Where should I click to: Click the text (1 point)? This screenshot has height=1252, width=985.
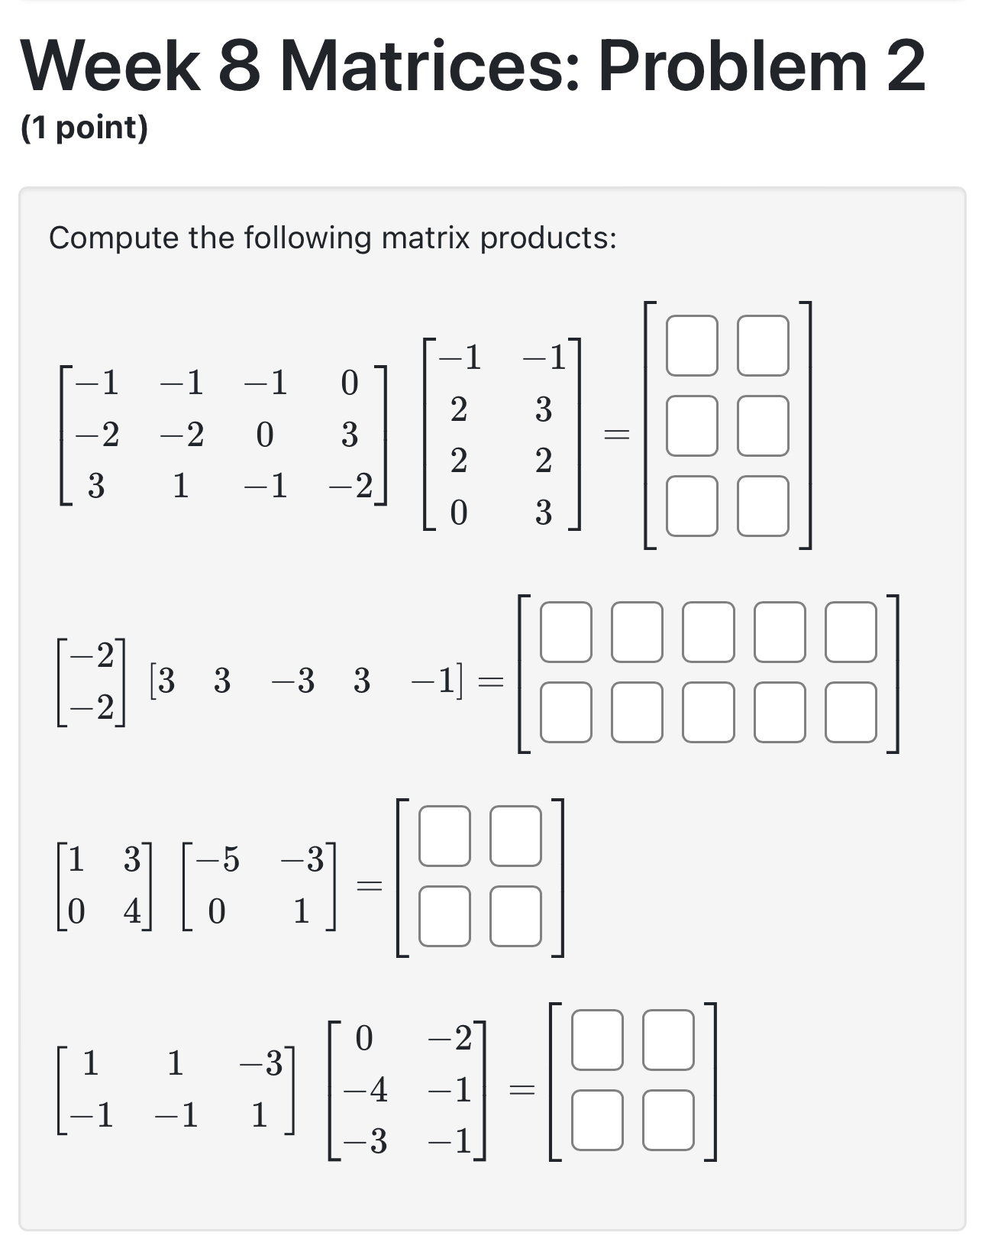coord(84,128)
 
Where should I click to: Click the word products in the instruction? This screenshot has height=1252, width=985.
coord(547,238)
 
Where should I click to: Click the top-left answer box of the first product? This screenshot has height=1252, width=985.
coord(692,346)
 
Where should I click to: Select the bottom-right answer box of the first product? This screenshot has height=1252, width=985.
coord(763,506)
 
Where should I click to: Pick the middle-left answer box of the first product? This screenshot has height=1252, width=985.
coord(692,425)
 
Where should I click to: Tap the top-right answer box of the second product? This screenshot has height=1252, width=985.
coord(851,632)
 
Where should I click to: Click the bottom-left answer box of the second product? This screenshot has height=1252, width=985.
coord(566,712)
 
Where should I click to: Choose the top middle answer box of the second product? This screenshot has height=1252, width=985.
coord(709,632)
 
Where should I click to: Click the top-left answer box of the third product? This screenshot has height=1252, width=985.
coord(444,836)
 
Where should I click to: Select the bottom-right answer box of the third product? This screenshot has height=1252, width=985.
coord(515,916)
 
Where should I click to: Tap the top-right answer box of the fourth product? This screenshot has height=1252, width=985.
coord(668,1040)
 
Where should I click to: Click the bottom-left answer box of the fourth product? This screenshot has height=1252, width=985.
coord(597,1120)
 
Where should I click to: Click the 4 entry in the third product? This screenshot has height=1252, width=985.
coord(133,911)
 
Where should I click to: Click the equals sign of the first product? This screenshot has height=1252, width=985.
coord(616,435)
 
